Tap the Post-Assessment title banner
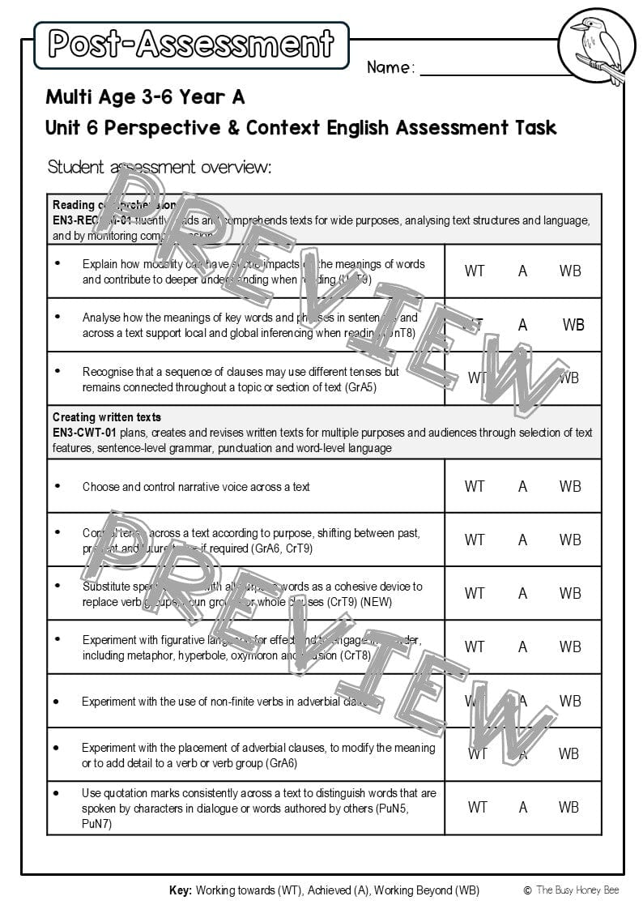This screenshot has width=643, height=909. point(191,45)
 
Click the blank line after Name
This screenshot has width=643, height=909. point(494,68)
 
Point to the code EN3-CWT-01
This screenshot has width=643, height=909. point(84,433)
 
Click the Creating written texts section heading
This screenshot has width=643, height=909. point(107,417)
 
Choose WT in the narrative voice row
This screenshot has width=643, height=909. point(475,486)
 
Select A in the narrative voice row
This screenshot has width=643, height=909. point(522,486)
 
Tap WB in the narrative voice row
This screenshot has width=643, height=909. point(570,486)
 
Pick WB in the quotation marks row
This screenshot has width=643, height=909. point(570,807)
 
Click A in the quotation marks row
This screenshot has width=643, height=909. point(523,807)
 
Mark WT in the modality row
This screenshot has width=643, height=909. point(475,271)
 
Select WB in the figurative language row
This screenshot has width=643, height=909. point(570,647)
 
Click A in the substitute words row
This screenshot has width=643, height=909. point(522,593)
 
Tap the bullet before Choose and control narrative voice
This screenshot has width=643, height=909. point(57,486)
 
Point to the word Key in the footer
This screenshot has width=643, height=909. point(180,890)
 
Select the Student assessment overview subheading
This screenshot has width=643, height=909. point(160,168)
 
